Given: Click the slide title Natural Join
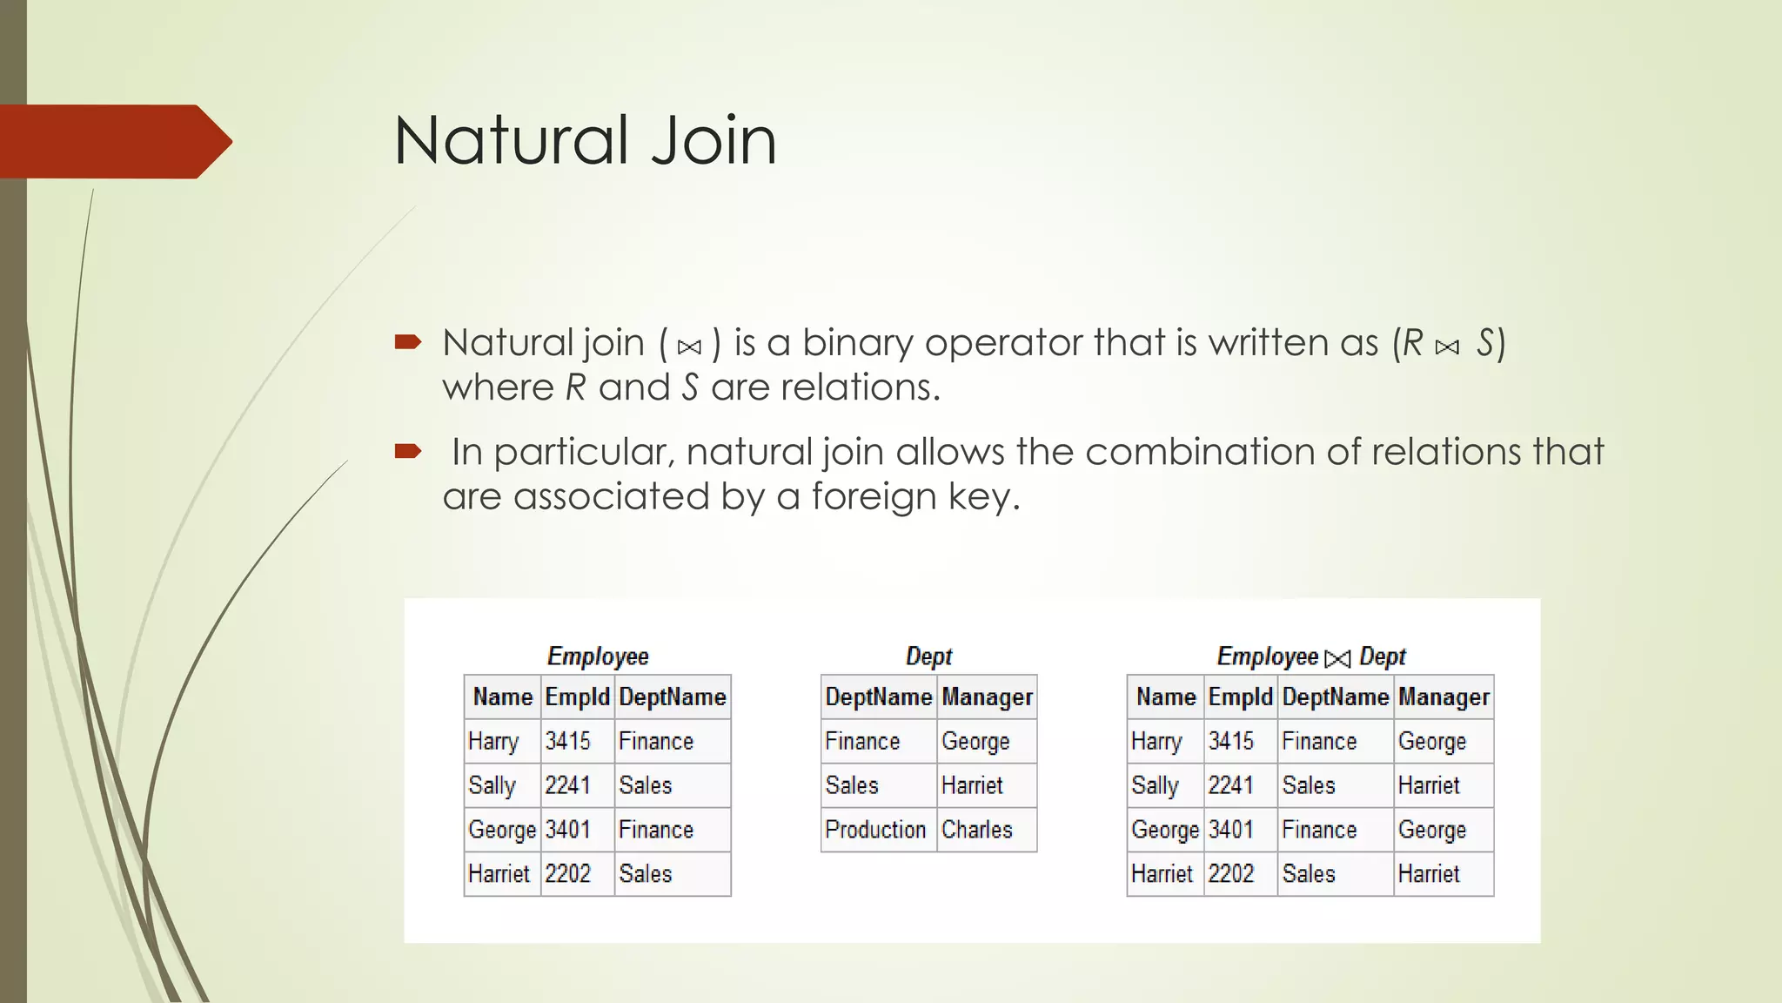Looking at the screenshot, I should (585, 141).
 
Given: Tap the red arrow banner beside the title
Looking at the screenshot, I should (113, 141).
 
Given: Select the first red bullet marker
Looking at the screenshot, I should (407, 341).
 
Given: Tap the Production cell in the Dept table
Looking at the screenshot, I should (875, 830).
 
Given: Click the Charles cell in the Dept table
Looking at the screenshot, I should (977, 830).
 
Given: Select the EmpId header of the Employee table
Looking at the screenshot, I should (577, 697).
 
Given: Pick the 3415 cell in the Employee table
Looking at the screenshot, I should (567, 741).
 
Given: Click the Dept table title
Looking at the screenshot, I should (928, 656).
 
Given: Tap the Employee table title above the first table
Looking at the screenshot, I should (598, 656).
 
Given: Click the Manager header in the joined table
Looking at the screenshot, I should (1444, 697).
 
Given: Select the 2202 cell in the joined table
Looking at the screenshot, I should (1230, 874).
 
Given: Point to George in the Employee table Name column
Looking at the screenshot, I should (502, 830).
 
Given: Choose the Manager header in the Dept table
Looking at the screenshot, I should (987, 697).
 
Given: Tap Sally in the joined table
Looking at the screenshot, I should (1155, 785).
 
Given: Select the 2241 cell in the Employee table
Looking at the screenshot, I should (567, 785).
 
